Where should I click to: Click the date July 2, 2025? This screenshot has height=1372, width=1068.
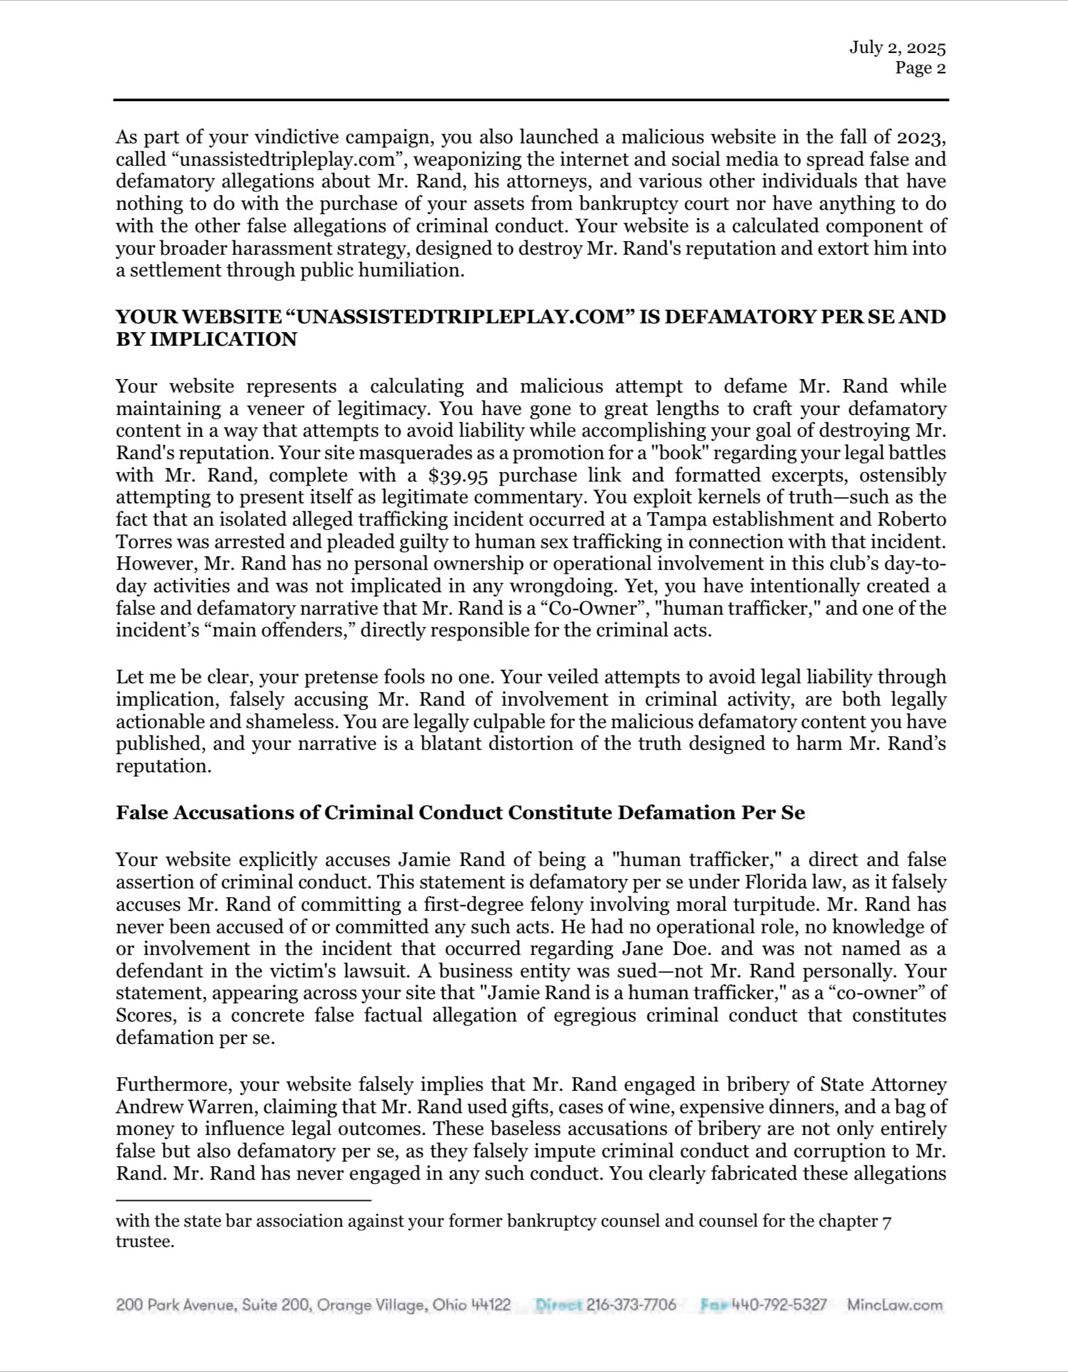897,48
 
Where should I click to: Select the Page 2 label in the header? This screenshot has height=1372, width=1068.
920,68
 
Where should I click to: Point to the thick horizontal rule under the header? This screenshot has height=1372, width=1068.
531,101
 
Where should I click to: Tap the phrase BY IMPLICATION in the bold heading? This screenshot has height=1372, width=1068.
206,340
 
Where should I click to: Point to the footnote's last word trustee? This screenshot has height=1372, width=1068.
145,1243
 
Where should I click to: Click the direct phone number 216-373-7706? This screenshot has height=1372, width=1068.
630,1305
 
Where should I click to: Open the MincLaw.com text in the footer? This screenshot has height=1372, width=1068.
895,1305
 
